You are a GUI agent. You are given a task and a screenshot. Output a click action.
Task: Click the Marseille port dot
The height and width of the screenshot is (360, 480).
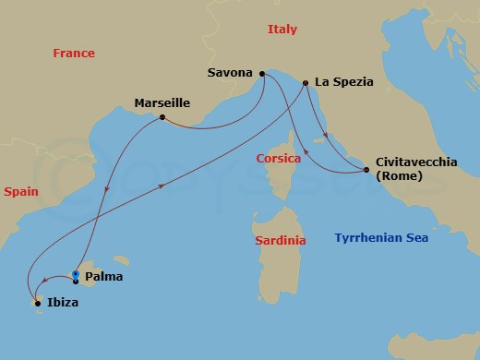coord(162,117)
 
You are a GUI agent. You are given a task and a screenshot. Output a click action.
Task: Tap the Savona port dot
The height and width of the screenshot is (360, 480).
coord(263,73)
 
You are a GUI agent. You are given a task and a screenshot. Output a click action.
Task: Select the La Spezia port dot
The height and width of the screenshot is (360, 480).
coord(305,83)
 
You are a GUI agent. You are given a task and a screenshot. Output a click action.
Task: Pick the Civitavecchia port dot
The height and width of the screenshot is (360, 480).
coord(367,170)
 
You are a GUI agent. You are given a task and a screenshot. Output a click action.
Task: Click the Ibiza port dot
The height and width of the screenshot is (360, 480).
coord(37,303)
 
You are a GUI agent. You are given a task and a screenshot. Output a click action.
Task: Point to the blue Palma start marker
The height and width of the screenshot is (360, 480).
coord(75,275)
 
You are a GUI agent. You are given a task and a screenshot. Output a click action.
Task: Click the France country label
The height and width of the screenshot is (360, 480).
coord(74,54)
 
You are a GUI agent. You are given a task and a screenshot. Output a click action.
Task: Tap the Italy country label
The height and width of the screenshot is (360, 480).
coord(282,30)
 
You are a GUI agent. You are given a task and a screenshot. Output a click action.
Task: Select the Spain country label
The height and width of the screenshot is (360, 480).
coord(20,193)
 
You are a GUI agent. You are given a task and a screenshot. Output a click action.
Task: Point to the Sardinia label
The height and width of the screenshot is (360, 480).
coord(280,241)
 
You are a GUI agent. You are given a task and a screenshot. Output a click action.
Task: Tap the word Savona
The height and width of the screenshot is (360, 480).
coord(230,70)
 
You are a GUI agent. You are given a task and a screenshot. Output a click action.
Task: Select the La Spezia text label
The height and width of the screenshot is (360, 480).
coord(344,81)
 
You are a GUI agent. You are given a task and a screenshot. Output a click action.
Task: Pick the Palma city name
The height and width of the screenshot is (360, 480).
coord(103,276)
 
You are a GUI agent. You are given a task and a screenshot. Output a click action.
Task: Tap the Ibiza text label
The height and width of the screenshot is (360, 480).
coord(61,302)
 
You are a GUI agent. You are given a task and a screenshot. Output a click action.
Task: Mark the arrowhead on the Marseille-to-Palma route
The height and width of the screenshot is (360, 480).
coord(108,191)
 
